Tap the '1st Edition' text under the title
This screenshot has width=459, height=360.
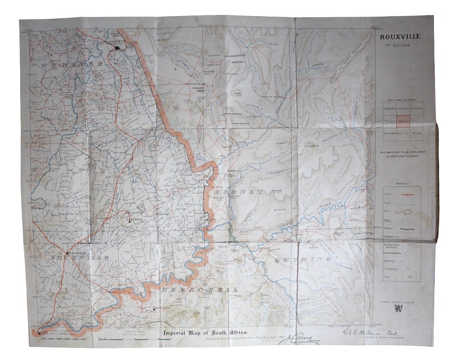point(400,45)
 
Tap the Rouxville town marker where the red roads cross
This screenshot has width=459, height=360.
point(67,253)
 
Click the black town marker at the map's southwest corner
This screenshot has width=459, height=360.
point(40,332)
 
